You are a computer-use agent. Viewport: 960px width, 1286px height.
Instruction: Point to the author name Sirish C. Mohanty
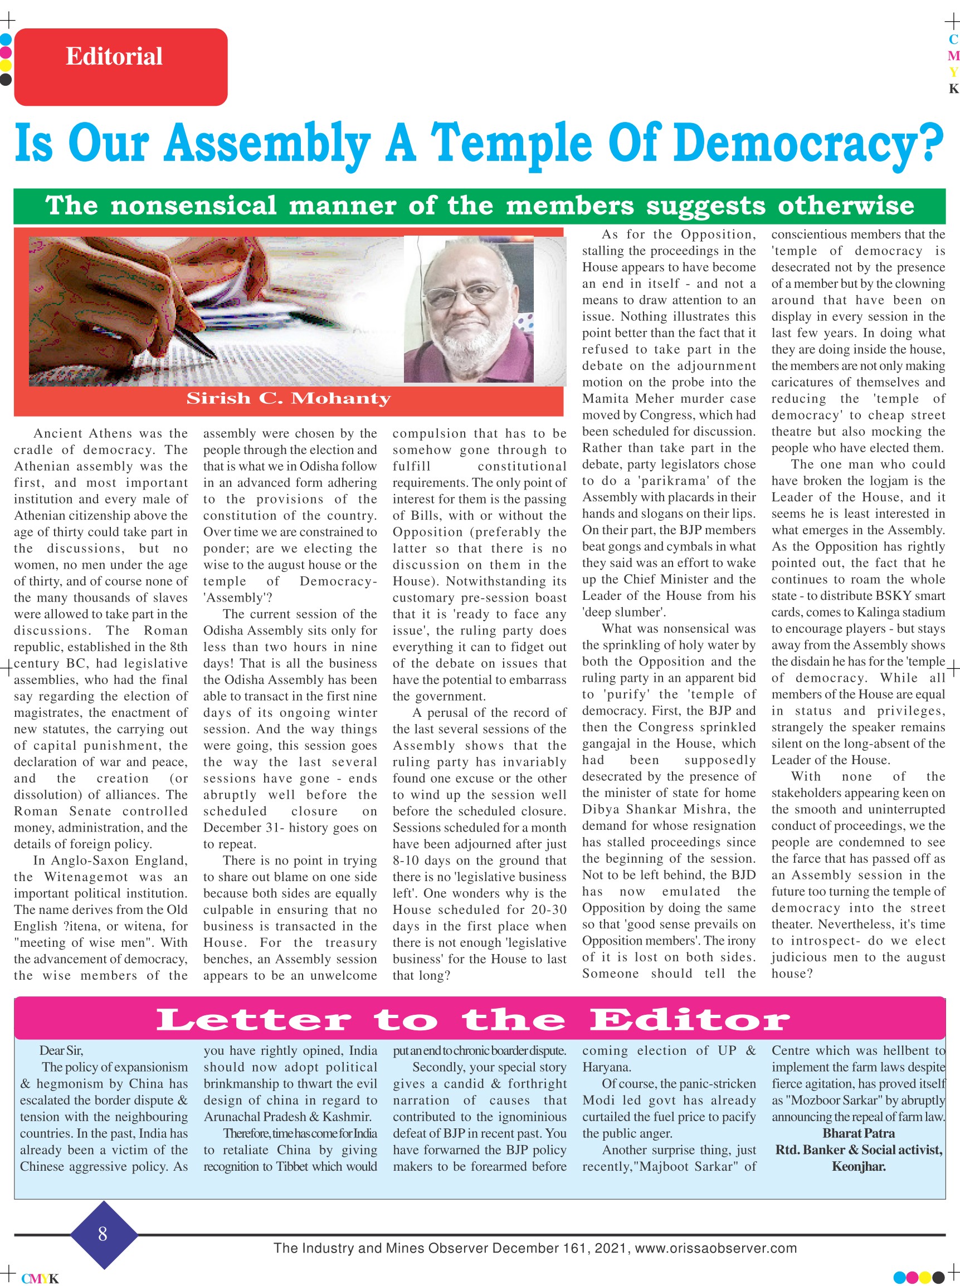pyautogui.click(x=288, y=398)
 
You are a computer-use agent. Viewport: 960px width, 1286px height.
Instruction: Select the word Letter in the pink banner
pyautogui.click(x=254, y=1020)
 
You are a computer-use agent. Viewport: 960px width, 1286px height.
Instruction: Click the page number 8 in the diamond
pyautogui.click(x=103, y=1234)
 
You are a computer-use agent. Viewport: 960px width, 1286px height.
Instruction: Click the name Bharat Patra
pyautogui.click(x=858, y=1133)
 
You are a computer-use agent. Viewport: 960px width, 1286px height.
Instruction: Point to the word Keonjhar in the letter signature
pyautogui.click(x=858, y=1166)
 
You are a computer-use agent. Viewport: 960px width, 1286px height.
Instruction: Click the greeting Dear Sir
pyautogui.click(x=61, y=1051)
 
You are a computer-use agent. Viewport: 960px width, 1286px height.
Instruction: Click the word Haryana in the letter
pyautogui.click(x=607, y=1068)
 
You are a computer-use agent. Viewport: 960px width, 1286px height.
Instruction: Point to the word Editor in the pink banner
pyautogui.click(x=690, y=1020)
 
